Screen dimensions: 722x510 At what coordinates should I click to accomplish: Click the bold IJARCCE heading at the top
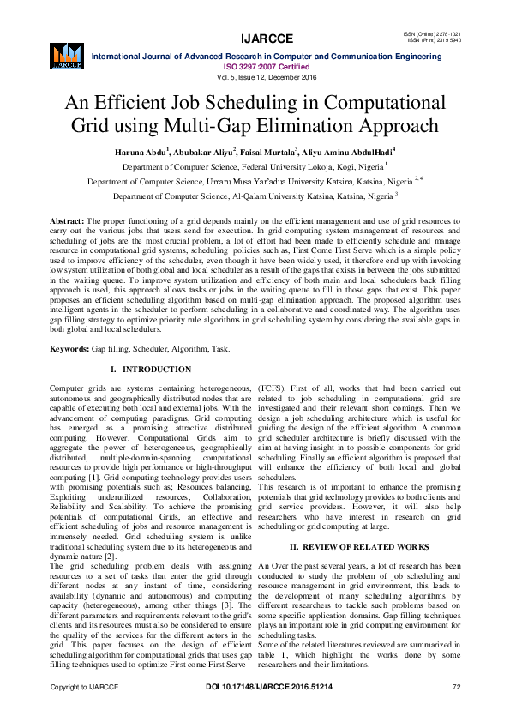255,39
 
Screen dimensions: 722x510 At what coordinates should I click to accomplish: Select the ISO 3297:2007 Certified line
255,65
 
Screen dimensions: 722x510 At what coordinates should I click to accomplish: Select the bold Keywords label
69,349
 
